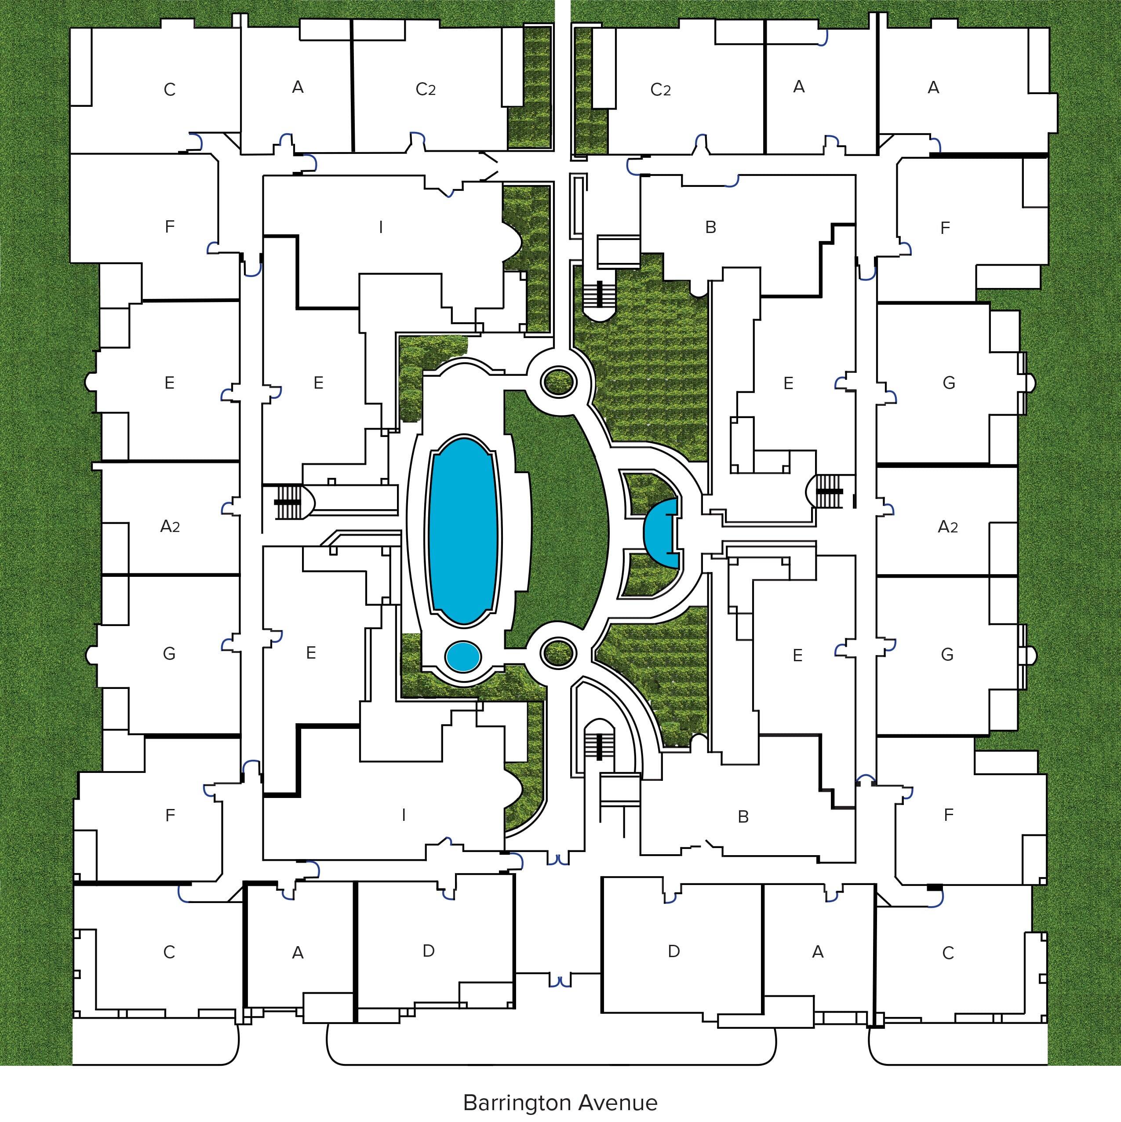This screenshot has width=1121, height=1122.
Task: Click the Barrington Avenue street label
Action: pos(560,1102)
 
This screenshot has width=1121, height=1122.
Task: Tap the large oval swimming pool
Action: pos(463,531)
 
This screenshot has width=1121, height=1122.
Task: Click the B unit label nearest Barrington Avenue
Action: pos(743,816)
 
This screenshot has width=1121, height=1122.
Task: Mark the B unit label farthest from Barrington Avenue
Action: pos(710,227)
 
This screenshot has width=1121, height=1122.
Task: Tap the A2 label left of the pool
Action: pos(170,526)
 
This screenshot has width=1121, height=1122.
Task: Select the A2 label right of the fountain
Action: pos(948,526)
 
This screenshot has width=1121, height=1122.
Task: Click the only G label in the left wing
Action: pos(169,653)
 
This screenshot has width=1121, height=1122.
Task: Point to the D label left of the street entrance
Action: pos(429,951)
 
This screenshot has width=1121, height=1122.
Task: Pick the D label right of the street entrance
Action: pos(674,951)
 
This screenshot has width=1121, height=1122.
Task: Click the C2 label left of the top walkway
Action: pos(426,89)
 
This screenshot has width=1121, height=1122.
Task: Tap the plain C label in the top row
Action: pos(170,89)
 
